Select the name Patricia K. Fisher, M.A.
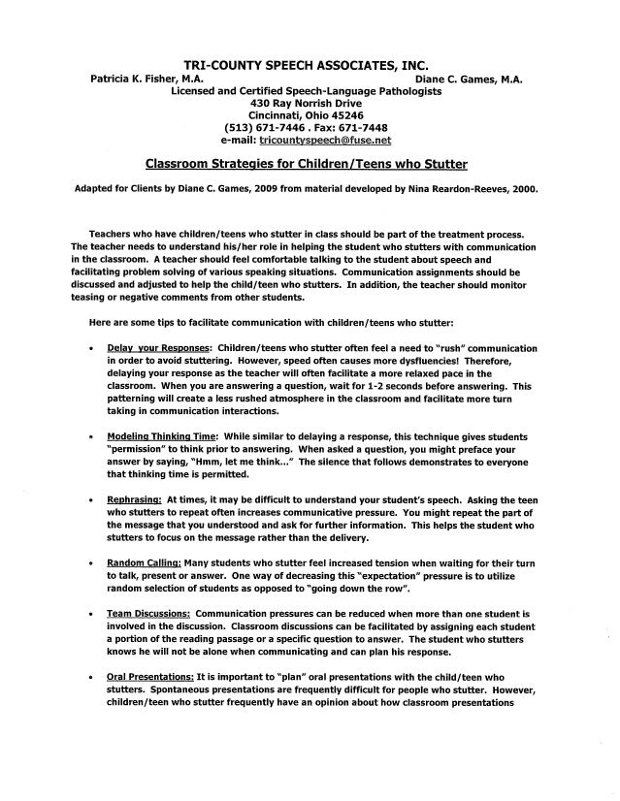click(x=146, y=79)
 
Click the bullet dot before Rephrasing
click(x=90, y=499)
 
